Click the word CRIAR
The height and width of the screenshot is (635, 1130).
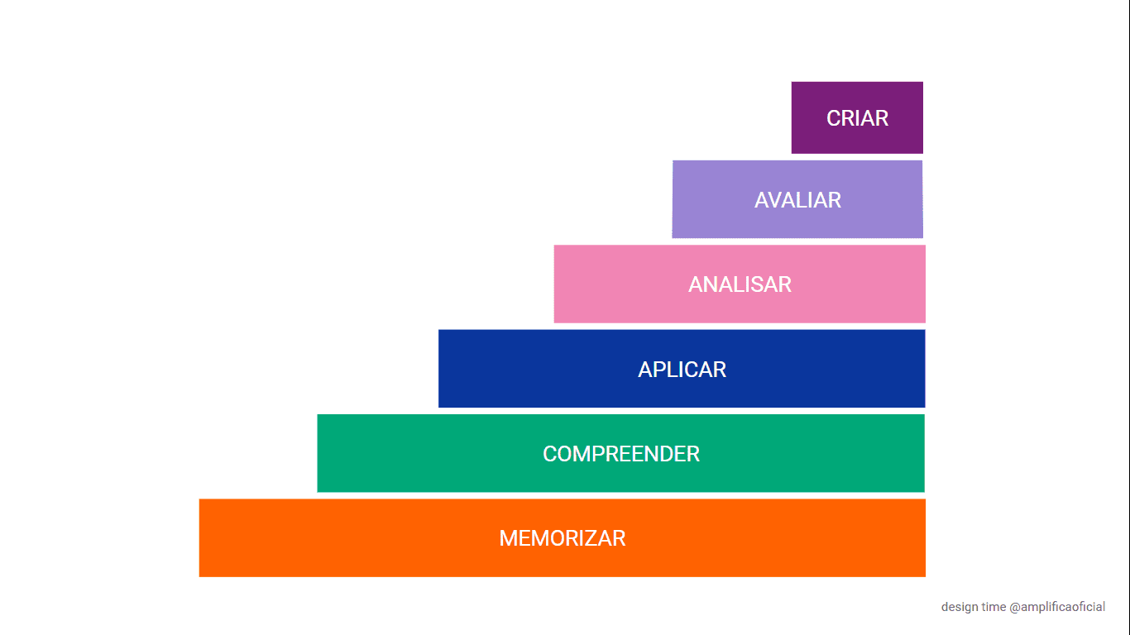[857, 118]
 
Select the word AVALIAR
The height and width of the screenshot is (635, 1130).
[797, 200]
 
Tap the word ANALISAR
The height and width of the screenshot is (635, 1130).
[740, 284]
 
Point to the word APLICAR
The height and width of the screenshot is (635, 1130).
[682, 370]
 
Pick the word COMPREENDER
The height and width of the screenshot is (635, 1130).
[621, 454]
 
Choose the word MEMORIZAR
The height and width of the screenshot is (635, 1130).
[562, 538]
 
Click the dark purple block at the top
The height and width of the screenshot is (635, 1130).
[857, 117]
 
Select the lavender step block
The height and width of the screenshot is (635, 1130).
[797, 199]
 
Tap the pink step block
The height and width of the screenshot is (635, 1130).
[740, 284]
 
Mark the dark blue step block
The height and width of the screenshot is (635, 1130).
[682, 369]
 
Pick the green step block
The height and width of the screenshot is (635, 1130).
[621, 453]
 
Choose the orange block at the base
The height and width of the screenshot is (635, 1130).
[563, 538]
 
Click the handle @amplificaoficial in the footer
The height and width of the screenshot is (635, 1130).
[1057, 607]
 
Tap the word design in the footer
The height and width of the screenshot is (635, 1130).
[957, 607]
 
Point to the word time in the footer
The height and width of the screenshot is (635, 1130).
[992, 607]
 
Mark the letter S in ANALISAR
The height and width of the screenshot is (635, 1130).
[755, 284]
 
